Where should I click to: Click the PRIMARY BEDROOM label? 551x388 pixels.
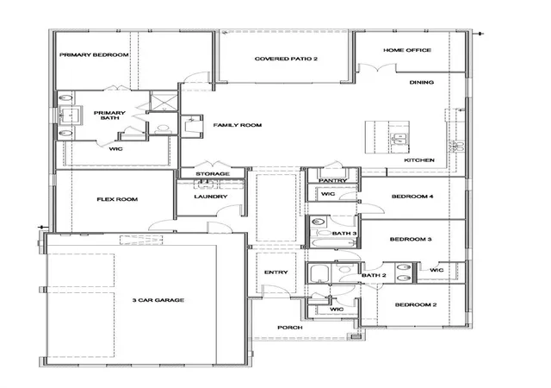(94, 55)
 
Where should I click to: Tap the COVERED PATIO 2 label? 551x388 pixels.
(286, 59)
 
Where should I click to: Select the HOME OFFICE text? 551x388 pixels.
(407, 50)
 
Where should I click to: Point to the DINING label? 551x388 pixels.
(421, 83)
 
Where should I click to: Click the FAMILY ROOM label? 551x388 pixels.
(238, 125)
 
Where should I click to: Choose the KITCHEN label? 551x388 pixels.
(419, 160)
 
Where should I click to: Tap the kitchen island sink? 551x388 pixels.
(399, 139)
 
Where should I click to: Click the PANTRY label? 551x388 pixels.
(333, 180)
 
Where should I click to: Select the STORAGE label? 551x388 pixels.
(213, 174)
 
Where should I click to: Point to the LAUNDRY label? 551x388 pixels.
(211, 197)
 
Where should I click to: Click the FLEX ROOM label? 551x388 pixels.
(117, 199)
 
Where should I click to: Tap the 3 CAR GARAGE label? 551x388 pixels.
(158, 300)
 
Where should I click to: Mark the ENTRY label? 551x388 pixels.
(275, 272)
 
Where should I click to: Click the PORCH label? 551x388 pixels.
(290, 328)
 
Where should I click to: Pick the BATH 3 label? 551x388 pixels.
(344, 234)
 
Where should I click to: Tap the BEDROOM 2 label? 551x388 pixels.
(416, 305)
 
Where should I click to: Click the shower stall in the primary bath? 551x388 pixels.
(164, 101)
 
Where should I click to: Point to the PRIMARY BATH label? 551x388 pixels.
(109, 116)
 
